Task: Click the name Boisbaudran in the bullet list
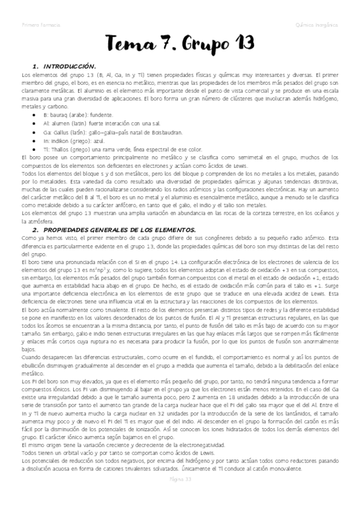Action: [x=179, y=131]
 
